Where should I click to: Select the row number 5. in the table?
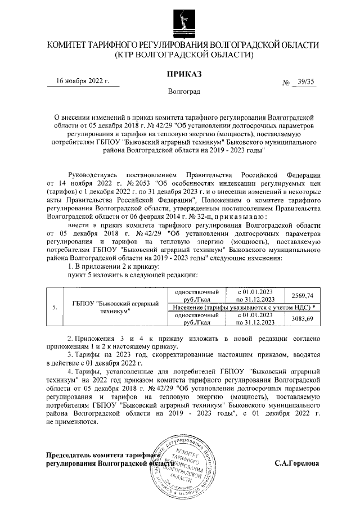pos(54,307)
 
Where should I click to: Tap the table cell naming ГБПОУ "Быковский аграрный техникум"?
pos(114,307)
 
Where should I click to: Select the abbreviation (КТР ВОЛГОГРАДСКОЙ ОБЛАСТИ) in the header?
pos(184,55)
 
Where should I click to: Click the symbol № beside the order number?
pos(285,83)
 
